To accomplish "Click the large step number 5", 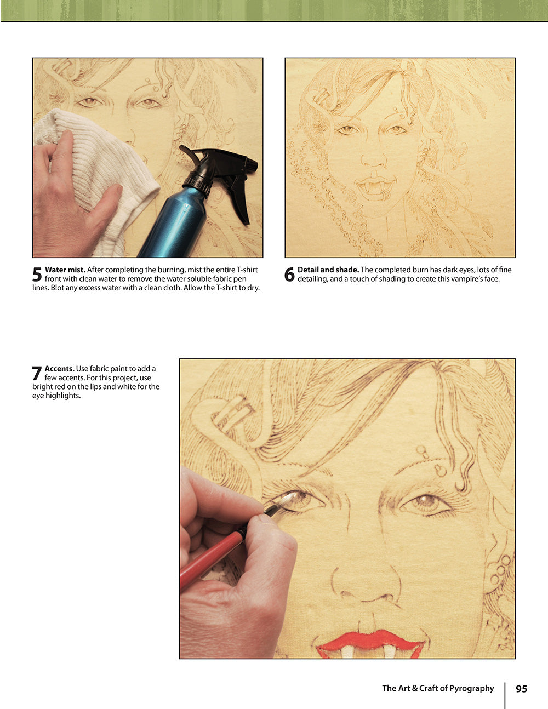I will tap(37, 275).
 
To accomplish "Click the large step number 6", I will tap(290, 275).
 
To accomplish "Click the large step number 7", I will tap(37, 373).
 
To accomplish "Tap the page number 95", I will tap(521, 689).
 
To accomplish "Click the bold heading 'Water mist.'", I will tap(65, 270).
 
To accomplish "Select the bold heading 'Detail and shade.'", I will tap(328, 270).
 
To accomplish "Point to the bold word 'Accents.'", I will tap(59, 369).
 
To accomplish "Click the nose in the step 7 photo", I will tap(364, 586).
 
